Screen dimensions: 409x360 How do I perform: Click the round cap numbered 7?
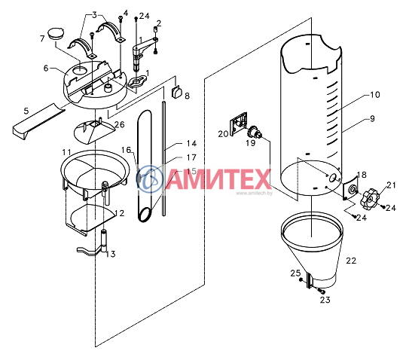click(56, 33)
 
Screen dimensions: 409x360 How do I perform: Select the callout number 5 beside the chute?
click(26, 111)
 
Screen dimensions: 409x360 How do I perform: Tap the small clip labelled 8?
click(176, 93)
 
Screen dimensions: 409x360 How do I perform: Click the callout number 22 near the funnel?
click(351, 261)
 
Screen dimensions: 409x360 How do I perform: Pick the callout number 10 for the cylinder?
click(375, 95)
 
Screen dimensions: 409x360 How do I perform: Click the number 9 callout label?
click(372, 119)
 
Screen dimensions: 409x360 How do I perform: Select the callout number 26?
click(120, 124)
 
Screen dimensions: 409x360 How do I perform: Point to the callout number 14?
click(191, 144)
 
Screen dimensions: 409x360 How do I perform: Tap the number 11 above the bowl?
click(66, 152)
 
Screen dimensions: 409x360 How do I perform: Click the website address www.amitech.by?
click(255, 194)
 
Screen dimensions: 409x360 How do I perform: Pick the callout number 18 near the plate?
click(362, 175)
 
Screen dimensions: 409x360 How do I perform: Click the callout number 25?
click(296, 273)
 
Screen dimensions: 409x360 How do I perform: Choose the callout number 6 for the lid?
click(46, 69)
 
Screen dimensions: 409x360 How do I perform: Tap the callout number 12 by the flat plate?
click(120, 213)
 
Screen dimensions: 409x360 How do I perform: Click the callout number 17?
click(191, 157)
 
